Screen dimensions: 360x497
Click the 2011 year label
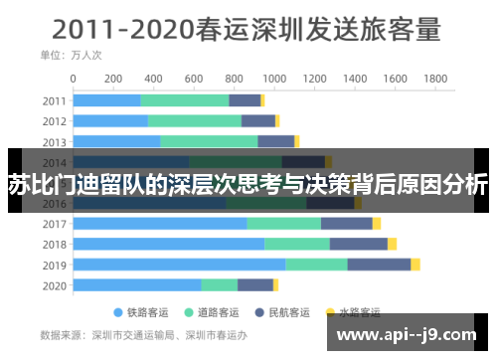pyautogui.click(x=55, y=99)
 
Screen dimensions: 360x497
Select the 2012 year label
pyautogui.click(x=55, y=120)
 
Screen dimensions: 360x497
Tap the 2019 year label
pyautogui.click(x=55, y=265)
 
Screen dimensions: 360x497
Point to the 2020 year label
pyautogui.click(x=55, y=285)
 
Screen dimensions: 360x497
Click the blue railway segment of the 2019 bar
pyautogui.click(x=180, y=265)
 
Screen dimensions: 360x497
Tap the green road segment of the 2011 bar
pyautogui.click(x=185, y=99)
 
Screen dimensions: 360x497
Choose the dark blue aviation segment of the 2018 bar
pyautogui.click(x=358, y=244)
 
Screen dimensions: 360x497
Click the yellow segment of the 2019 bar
pyautogui.click(x=415, y=265)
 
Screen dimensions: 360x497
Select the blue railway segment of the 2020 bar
pyautogui.click(x=138, y=285)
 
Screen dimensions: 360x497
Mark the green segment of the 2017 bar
pyautogui.click(x=284, y=223)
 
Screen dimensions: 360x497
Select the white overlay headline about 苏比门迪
pyautogui.click(x=248, y=184)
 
